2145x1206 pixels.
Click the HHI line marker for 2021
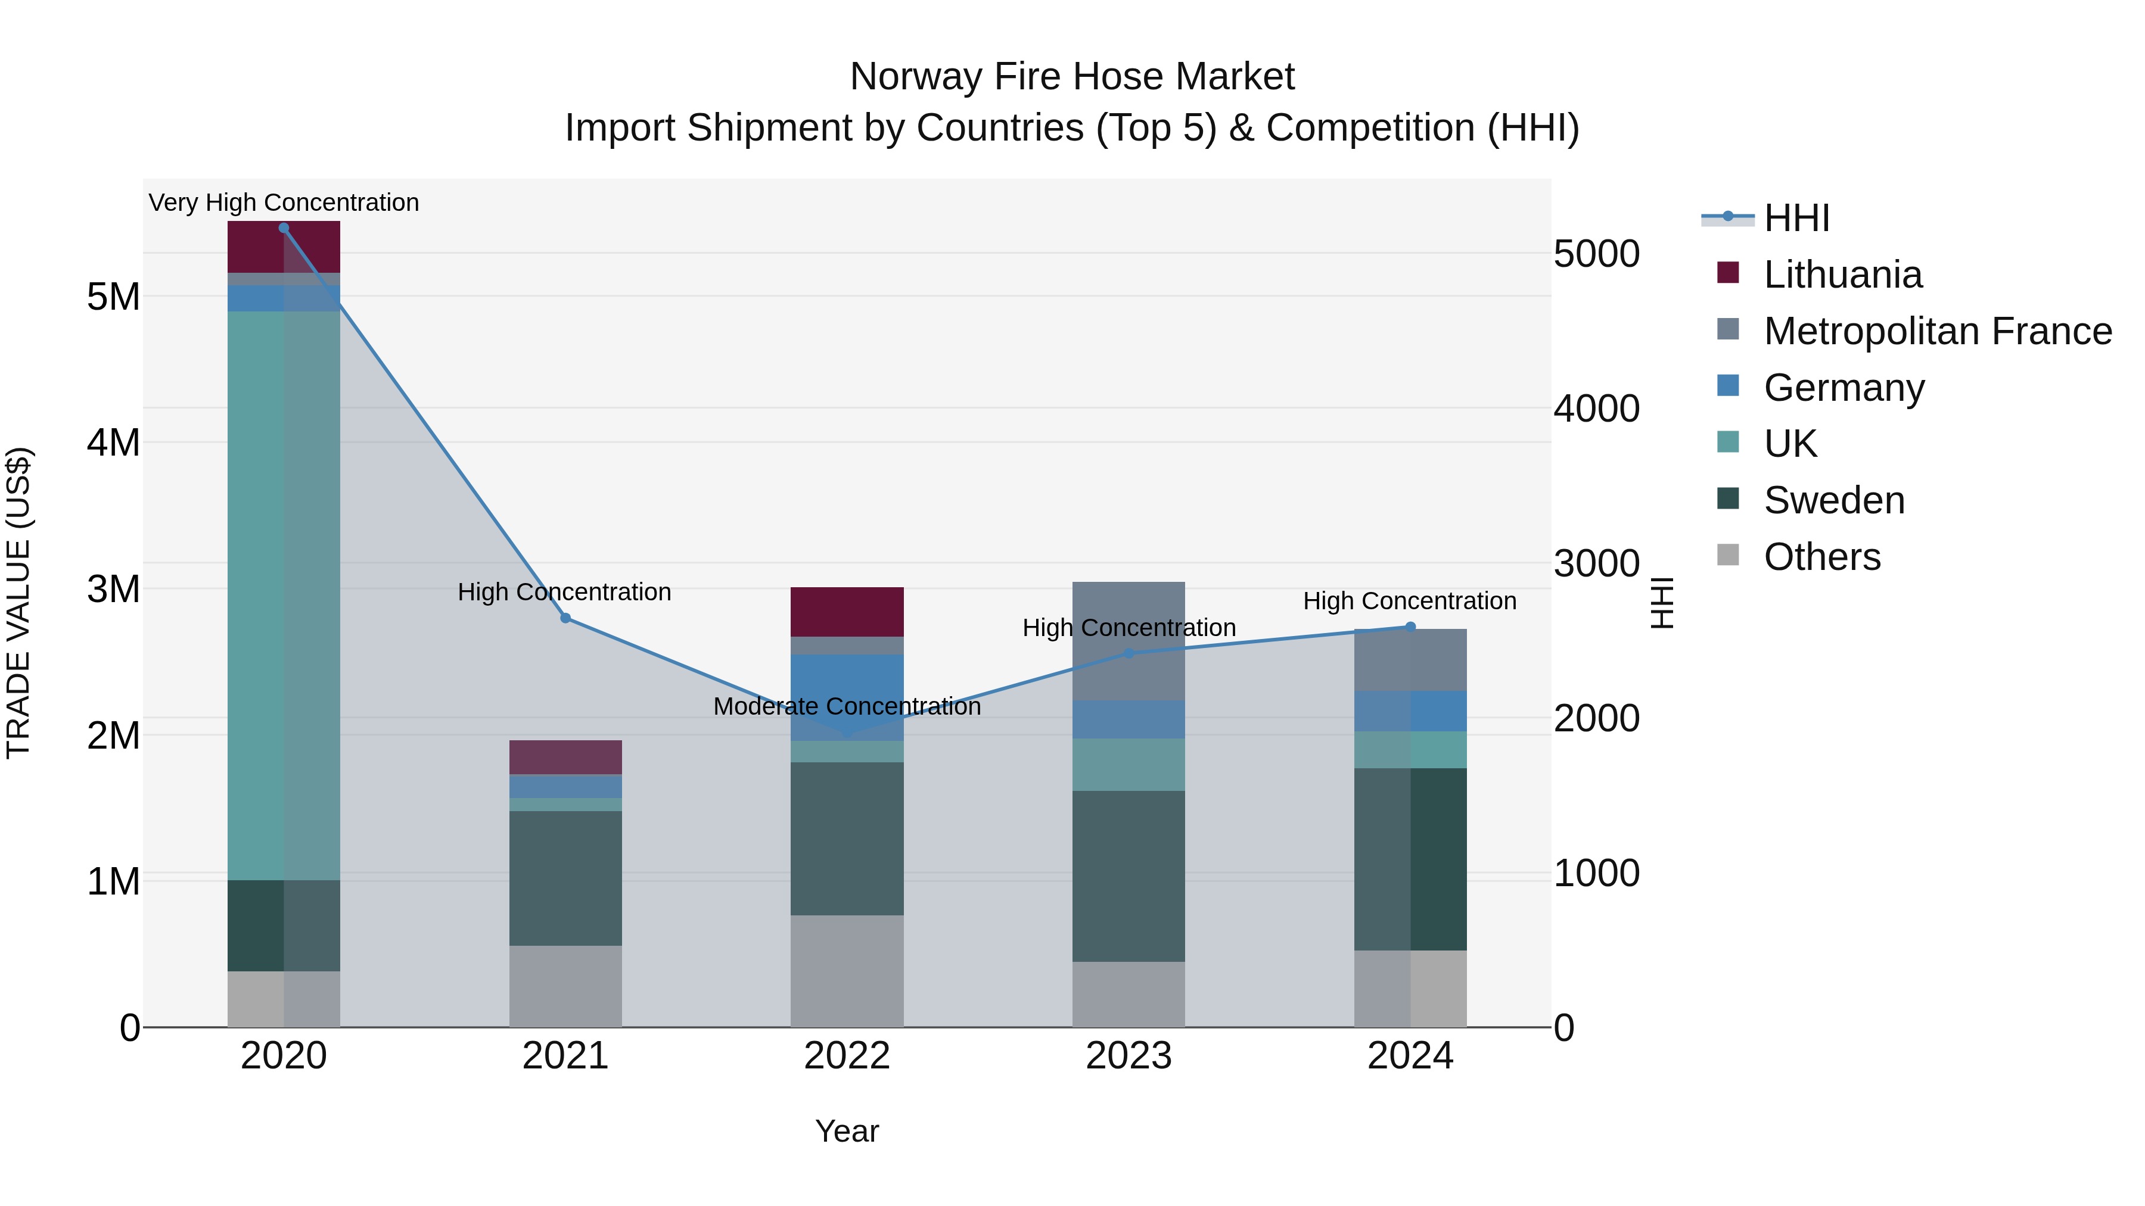[x=565, y=618]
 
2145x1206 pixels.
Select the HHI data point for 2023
[x=1129, y=653]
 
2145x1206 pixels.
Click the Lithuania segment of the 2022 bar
[x=847, y=612]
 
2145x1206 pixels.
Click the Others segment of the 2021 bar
[x=565, y=986]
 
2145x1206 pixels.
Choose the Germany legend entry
[x=1843, y=388]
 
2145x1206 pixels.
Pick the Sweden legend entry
[x=1833, y=500]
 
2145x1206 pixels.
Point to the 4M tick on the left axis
[x=113, y=442]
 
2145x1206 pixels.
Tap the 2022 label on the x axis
[x=847, y=1056]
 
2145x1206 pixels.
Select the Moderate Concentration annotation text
[x=847, y=706]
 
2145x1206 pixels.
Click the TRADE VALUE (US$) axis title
[x=18, y=603]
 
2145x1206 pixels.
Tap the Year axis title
[x=847, y=1131]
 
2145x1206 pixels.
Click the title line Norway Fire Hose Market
[x=1072, y=77]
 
